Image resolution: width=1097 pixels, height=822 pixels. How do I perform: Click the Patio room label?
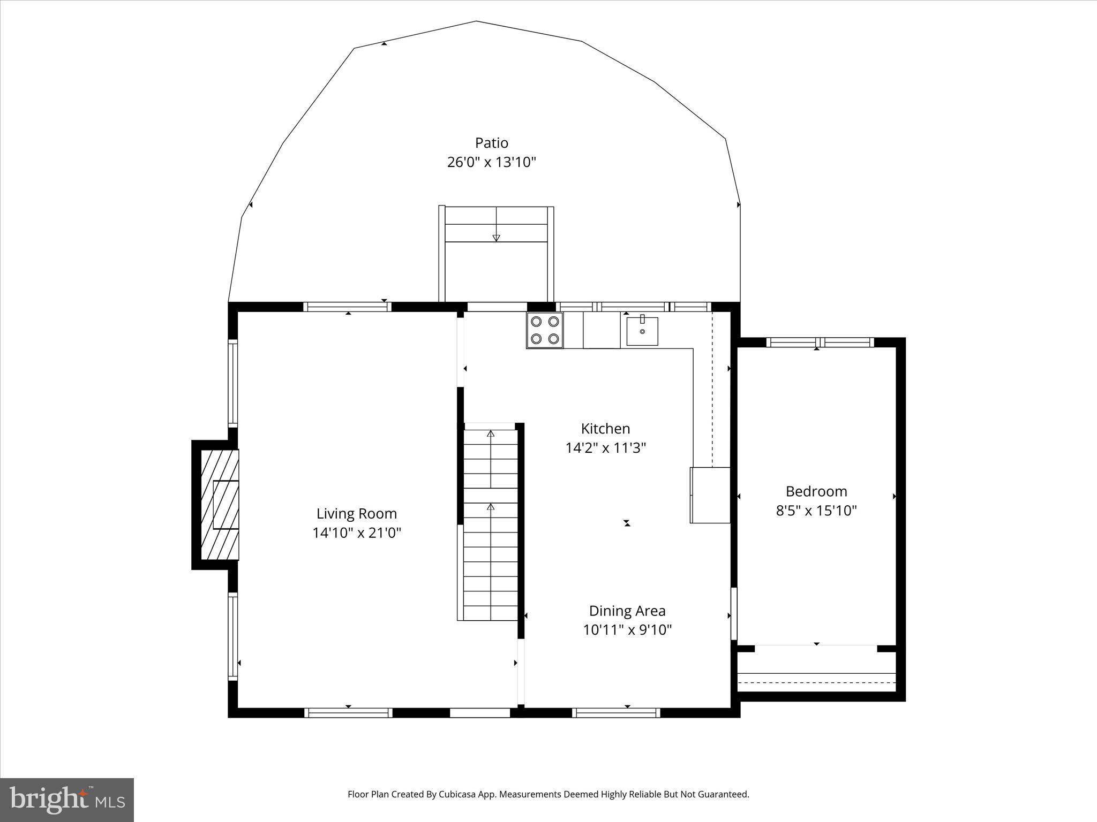[491, 143]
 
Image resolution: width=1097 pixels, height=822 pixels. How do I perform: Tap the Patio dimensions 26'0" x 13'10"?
[491, 162]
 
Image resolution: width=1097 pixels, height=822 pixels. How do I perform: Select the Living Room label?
[356, 514]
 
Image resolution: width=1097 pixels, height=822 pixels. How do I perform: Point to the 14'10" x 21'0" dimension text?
[356, 533]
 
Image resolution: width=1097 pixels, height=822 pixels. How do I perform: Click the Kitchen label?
[605, 429]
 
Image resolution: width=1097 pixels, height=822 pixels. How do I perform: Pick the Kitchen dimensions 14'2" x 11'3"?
[605, 448]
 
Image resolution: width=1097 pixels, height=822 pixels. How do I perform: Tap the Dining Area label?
[627, 611]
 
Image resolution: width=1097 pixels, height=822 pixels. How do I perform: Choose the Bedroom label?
[816, 491]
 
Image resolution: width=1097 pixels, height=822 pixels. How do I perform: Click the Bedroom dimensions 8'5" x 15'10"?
[816, 511]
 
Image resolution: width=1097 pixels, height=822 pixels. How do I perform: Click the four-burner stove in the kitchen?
[545, 330]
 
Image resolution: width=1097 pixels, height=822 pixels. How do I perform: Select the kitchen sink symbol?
[642, 331]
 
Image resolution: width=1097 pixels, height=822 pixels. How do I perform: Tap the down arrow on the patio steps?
[496, 237]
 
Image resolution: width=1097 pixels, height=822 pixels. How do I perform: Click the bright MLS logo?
[67, 800]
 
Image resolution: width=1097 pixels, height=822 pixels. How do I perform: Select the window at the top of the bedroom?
[820, 342]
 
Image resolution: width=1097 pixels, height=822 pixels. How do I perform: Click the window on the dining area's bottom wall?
[616, 713]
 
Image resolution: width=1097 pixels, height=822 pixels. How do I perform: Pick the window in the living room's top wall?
[347, 307]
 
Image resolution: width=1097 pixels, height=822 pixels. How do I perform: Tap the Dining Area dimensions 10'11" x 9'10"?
[627, 630]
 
